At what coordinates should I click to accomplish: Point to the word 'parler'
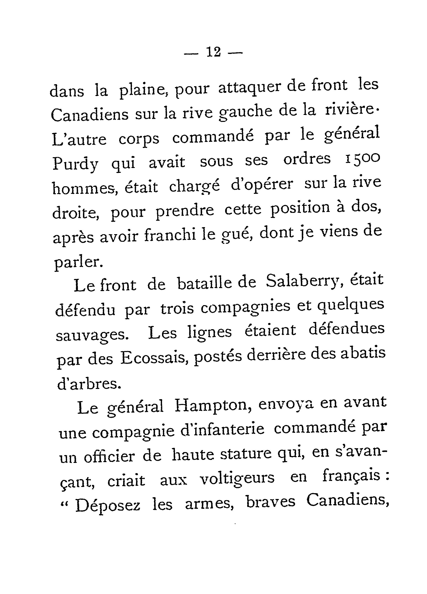click(79, 262)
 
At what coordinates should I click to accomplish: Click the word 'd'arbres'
click(89, 384)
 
